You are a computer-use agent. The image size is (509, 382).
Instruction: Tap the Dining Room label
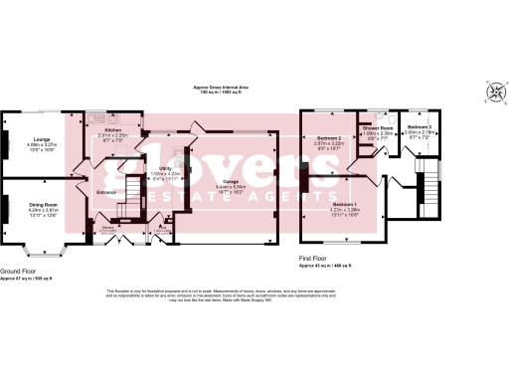43,205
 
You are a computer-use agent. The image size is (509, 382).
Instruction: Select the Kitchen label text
112,129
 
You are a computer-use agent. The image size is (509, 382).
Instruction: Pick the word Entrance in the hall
107,192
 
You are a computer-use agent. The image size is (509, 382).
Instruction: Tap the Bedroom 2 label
329,138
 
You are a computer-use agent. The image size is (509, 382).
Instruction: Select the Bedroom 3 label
419,128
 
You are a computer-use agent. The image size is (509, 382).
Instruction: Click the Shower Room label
376,128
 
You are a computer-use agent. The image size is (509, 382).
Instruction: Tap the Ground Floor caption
20,270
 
